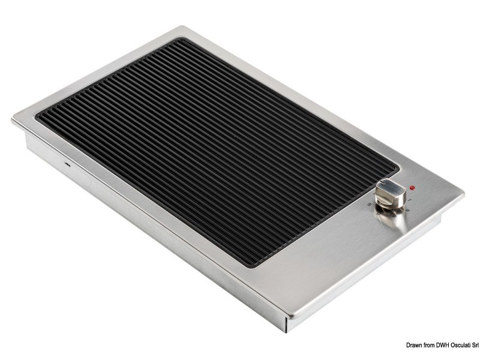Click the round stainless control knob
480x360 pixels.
pos(386,196)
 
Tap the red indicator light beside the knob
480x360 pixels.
pos(413,187)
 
